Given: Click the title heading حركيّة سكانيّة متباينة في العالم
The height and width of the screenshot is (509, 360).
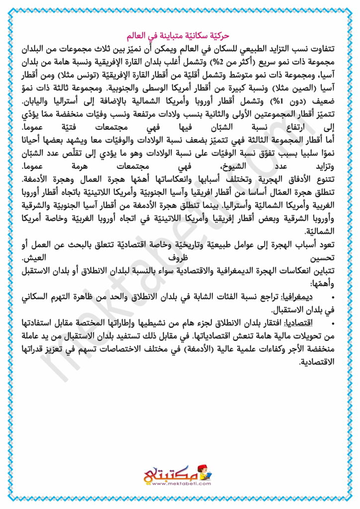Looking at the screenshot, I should [x=180, y=36].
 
